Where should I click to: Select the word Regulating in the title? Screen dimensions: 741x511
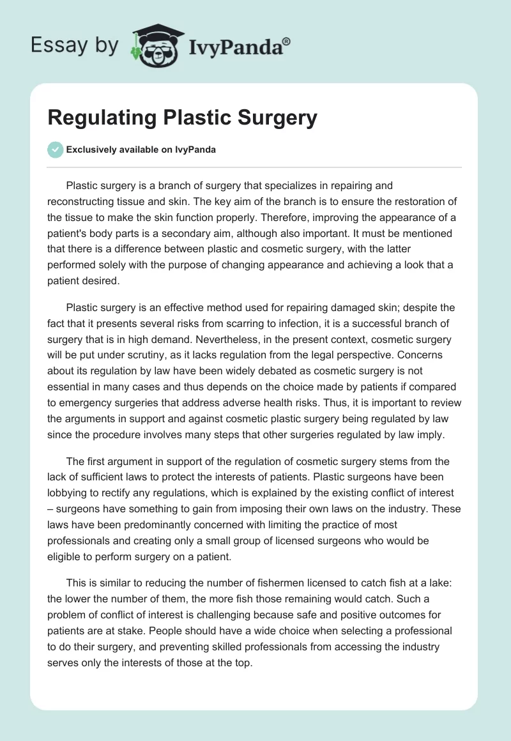(103, 118)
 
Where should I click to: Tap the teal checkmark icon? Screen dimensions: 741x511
(55, 149)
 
